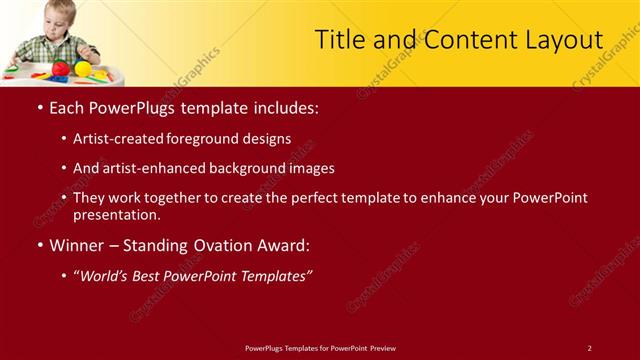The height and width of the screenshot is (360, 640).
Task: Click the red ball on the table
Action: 61,69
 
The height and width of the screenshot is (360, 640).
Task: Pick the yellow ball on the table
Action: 83,69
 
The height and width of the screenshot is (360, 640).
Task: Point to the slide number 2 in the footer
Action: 589,348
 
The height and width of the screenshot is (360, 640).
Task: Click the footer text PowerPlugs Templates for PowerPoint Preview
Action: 320,348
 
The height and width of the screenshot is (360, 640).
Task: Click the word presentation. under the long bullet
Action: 117,214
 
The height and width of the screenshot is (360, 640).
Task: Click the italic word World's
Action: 107,275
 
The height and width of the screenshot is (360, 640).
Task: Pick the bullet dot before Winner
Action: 39,245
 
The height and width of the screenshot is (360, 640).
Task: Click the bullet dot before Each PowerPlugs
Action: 39,106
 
